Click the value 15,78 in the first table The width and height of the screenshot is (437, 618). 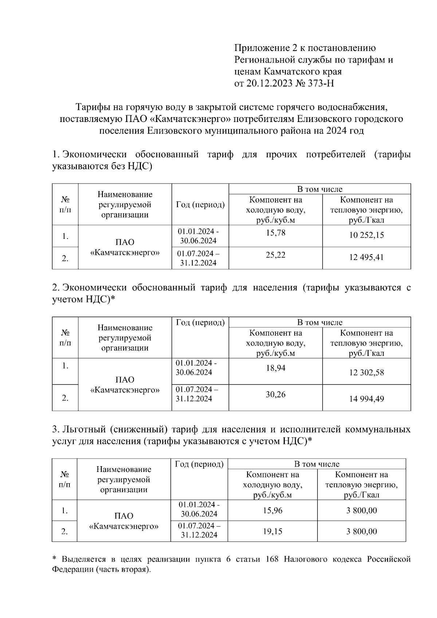[x=275, y=232]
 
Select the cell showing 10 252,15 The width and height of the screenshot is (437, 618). [x=366, y=235]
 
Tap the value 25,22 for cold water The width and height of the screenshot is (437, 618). [x=275, y=255]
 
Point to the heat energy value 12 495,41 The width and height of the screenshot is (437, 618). [x=366, y=257]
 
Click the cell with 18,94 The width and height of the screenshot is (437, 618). [x=275, y=368]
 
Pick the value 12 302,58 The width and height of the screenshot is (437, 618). [x=366, y=373]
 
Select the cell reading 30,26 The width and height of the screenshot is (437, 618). [x=275, y=394]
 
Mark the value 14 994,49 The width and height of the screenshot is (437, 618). [x=366, y=399]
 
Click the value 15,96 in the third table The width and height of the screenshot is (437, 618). [x=272, y=510]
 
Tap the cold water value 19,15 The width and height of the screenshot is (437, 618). [x=272, y=531]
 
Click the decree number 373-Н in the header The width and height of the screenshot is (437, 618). [x=320, y=83]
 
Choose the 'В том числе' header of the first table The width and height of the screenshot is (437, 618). [x=319, y=189]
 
